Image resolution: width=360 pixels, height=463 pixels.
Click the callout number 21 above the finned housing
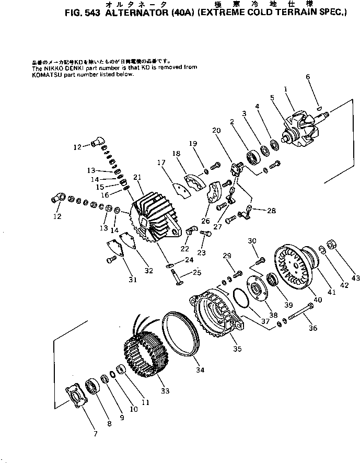(x=138, y=178)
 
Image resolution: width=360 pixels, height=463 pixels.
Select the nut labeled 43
(x=331, y=244)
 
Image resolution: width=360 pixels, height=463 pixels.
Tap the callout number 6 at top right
(x=308, y=77)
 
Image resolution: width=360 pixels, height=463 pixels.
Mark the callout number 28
(x=270, y=211)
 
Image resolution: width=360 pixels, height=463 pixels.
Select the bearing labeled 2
(x=255, y=156)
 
